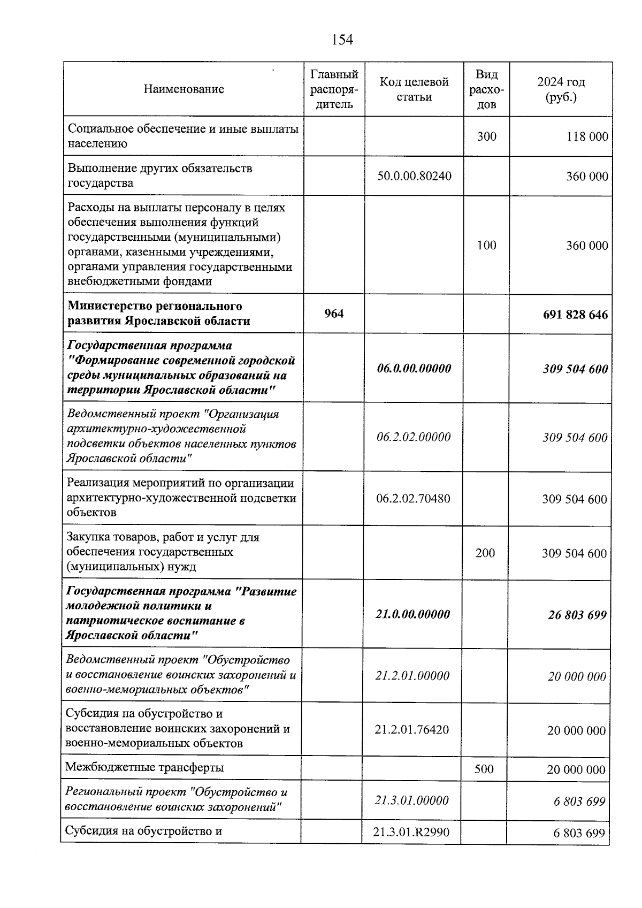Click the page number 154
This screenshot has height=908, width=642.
(x=342, y=40)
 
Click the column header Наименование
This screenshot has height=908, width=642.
(x=184, y=89)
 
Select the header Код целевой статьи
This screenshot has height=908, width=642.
(x=414, y=89)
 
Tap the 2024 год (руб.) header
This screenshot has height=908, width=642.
(x=561, y=89)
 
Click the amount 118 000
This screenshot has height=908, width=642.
(x=587, y=137)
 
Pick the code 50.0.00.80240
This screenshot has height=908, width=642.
(x=414, y=176)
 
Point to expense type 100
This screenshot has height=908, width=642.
(x=486, y=246)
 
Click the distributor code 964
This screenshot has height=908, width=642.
(x=334, y=314)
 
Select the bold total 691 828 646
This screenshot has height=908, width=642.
(x=575, y=315)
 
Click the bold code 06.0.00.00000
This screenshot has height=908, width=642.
(x=414, y=369)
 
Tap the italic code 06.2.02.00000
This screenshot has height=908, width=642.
(x=414, y=437)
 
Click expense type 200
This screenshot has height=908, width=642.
(x=485, y=553)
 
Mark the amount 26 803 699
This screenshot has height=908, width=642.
(x=577, y=615)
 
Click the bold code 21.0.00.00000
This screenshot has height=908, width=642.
(x=412, y=614)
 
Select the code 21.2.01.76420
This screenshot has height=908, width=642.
(x=412, y=730)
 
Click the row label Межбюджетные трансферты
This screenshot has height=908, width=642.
(x=144, y=768)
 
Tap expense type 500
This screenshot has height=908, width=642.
(x=484, y=769)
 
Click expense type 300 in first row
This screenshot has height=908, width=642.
(x=486, y=137)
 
